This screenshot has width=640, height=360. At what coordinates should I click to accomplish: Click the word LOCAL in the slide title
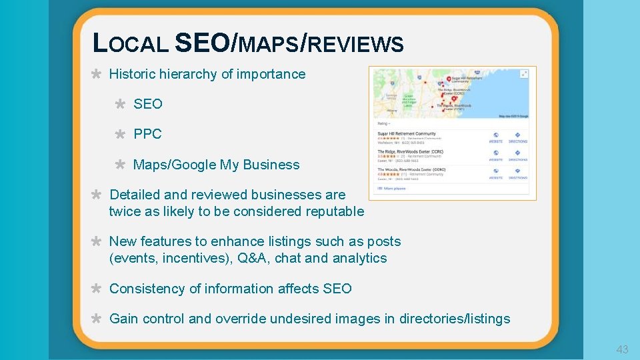tap(131, 44)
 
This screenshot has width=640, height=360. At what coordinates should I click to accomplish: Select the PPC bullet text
tap(147, 134)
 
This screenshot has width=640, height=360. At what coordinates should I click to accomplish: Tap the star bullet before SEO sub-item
tap(120, 104)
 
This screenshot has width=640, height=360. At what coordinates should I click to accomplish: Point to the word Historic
tap(132, 74)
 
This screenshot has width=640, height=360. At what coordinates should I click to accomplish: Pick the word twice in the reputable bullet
tap(125, 211)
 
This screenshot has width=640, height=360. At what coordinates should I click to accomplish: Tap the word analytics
tap(359, 258)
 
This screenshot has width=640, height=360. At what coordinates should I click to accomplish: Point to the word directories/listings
tap(455, 319)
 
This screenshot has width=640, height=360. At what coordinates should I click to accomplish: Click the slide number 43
tap(622, 349)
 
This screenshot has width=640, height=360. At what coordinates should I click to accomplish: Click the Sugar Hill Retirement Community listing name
tap(407, 133)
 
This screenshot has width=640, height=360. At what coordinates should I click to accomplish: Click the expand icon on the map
tap(524, 73)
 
